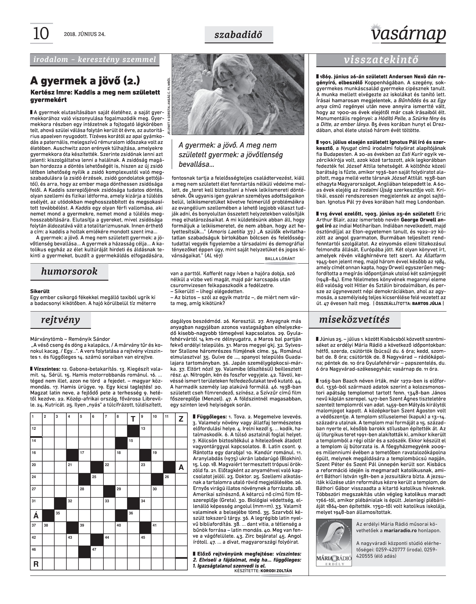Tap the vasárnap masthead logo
tap(408, 34)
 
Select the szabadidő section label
tap(239, 35)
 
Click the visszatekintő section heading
tap(381, 60)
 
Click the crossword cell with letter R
tap(36, 564)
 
